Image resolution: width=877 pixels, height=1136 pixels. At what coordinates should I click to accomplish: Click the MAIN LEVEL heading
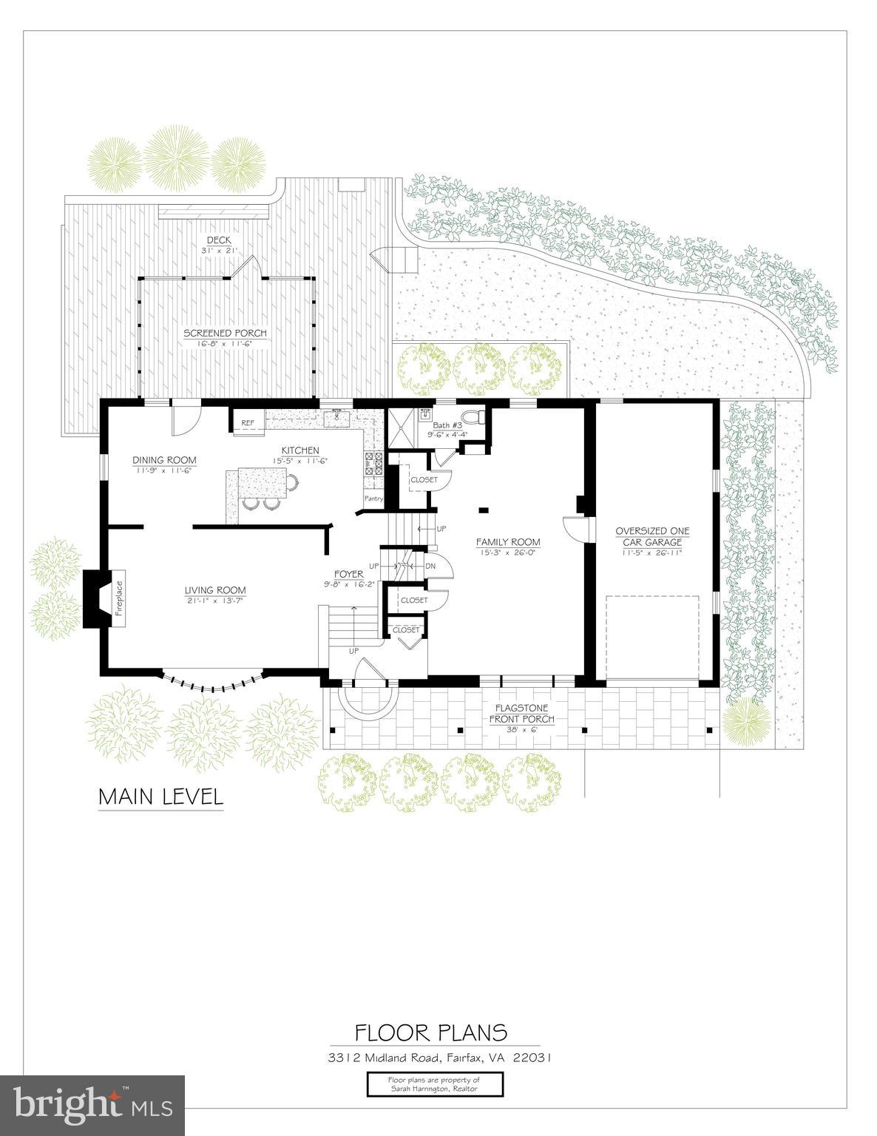click(160, 797)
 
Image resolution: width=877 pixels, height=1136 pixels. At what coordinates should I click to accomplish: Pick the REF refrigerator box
click(248, 423)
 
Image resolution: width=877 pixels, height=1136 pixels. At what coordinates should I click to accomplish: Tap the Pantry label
click(373, 498)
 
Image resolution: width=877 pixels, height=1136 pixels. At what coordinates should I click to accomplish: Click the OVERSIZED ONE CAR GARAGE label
click(652, 536)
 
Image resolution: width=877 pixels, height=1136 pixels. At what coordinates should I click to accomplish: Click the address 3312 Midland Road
click(440, 1058)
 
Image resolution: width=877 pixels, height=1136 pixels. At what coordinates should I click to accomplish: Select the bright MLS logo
click(92, 1103)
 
